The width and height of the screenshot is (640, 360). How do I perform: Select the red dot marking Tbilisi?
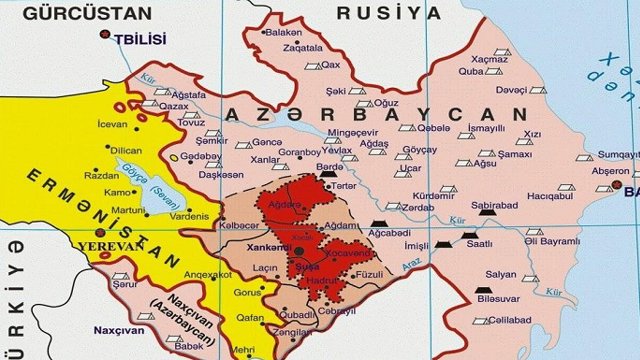tap(105, 37)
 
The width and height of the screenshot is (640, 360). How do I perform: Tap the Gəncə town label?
tap(265, 143)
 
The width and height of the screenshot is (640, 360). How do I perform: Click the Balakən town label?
tap(282, 33)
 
